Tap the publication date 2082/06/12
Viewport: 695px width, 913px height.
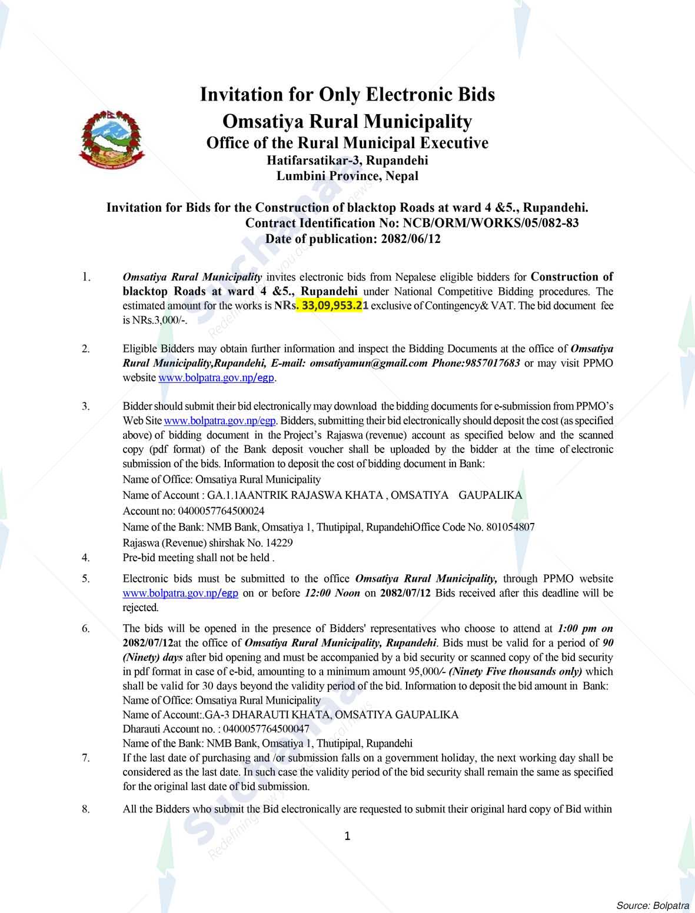click(411, 239)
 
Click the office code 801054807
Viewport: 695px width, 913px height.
click(510, 527)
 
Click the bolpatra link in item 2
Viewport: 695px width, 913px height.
click(217, 378)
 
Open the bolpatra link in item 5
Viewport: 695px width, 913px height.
click(180, 593)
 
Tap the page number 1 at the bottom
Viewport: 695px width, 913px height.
click(347, 836)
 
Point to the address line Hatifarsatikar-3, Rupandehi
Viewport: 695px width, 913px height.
click(347, 160)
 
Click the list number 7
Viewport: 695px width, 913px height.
click(86, 758)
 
